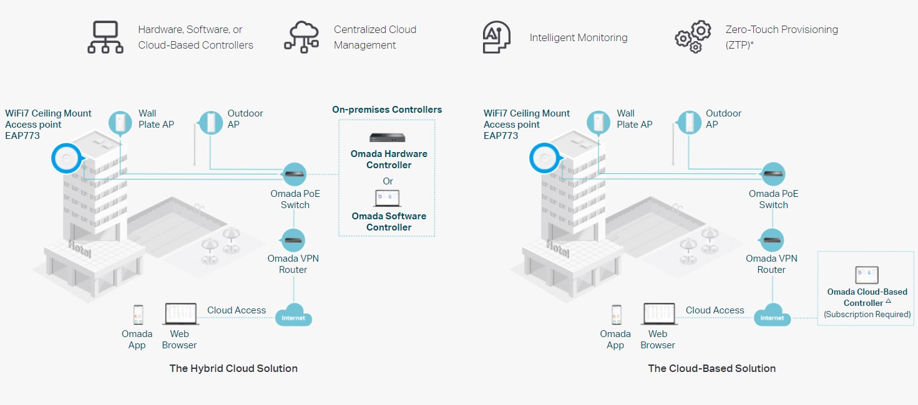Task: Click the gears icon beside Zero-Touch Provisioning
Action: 693,37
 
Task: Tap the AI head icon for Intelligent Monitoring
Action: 497,37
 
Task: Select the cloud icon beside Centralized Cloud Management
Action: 301,37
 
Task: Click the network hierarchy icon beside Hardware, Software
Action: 105,37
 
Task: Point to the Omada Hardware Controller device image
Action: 388,138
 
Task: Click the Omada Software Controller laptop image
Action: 388,199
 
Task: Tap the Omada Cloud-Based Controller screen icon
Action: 867,275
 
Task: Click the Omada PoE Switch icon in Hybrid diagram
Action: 294,174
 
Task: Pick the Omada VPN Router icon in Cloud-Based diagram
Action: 773,239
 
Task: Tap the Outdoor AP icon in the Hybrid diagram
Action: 210,121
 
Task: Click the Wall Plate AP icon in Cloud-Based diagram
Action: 600,121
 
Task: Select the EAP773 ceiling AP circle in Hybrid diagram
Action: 67,158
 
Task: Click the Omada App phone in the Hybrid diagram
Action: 138,315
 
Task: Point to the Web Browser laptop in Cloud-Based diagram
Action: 659,314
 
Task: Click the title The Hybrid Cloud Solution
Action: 233,368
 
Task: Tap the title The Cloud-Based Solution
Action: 712,368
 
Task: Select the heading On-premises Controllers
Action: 387,110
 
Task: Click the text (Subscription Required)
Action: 867,315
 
